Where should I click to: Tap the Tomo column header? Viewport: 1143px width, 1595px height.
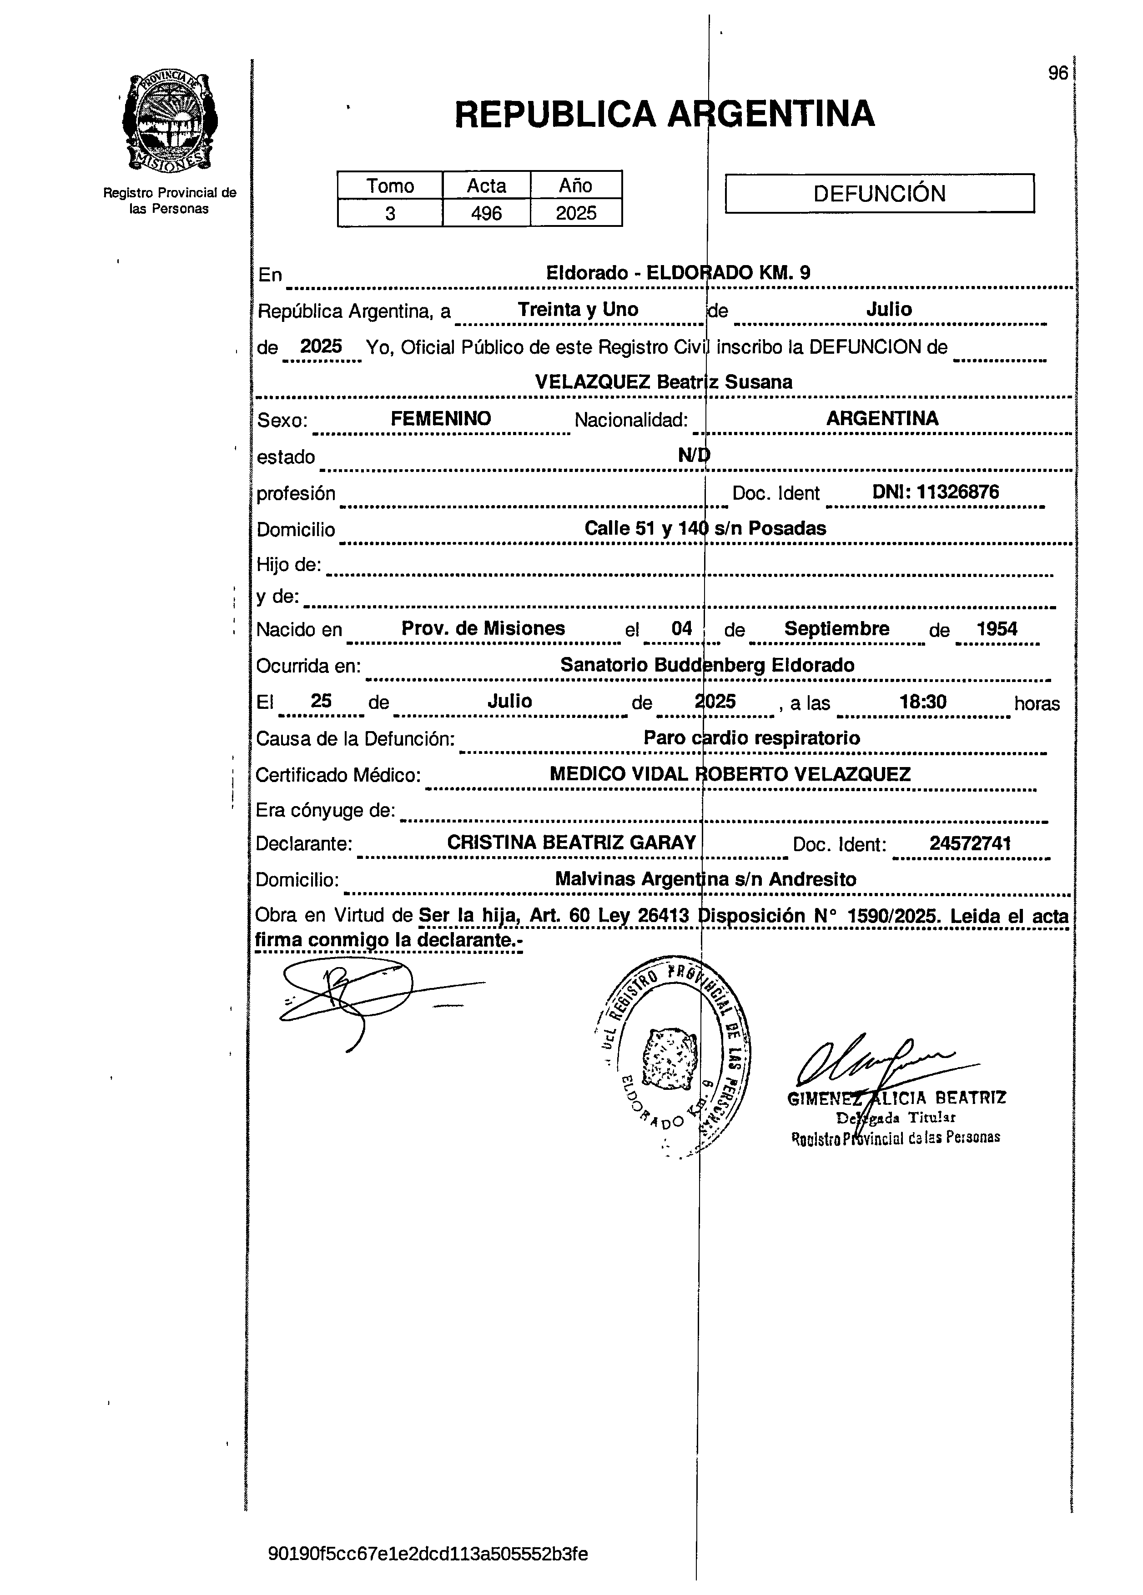[390, 186]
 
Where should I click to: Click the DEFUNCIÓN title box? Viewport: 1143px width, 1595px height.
[879, 193]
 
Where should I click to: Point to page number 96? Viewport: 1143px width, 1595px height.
[1057, 73]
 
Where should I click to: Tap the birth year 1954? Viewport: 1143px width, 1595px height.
[997, 629]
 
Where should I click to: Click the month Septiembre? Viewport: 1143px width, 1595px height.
[836, 629]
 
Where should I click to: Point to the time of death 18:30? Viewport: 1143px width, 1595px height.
[923, 701]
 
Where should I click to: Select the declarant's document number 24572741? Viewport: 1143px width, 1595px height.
[970, 843]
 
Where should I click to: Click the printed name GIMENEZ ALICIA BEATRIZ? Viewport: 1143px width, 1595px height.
[897, 1098]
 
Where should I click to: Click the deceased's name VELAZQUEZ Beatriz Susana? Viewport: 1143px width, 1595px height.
[663, 382]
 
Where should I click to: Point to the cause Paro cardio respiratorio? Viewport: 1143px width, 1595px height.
[751, 738]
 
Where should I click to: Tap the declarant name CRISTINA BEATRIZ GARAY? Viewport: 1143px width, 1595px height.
[571, 843]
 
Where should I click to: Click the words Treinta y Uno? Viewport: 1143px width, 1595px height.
[578, 310]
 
